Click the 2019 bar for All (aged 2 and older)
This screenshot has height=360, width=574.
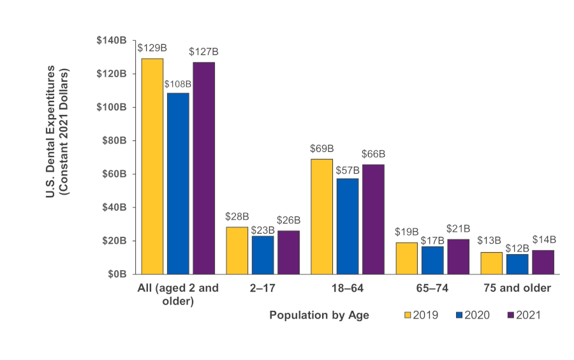(152, 166)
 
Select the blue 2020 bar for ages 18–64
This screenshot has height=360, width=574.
(348, 226)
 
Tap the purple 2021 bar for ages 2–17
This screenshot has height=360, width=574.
(288, 252)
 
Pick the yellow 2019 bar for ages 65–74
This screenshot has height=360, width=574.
(407, 258)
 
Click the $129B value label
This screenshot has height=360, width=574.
(152, 47)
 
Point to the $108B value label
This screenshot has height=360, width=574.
(178, 84)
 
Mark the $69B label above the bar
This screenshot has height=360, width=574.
(322, 148)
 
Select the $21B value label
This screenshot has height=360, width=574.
(458, 229)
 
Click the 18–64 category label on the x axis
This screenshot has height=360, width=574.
(348, 289)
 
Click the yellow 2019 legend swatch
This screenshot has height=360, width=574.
(408, 315)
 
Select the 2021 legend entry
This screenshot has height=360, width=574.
(523, 315)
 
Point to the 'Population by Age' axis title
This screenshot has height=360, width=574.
(319, 315)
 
